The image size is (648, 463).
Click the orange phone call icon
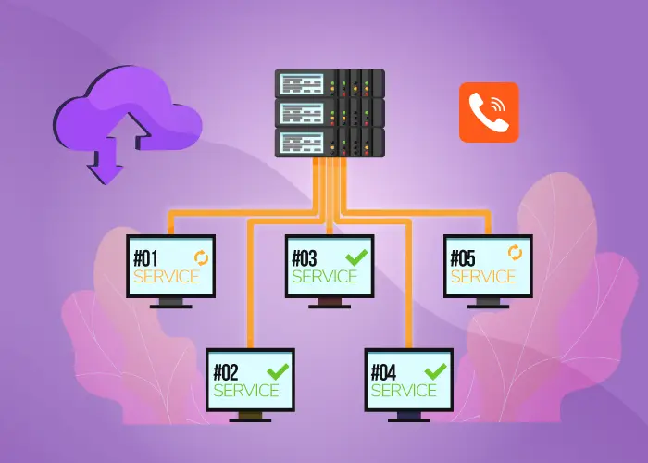click(x=489, y=112)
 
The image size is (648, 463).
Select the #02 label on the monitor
click(x=227, y=372)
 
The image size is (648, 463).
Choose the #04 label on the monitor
click(x=384, y=372)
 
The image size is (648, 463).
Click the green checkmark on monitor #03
click(x=355, y=255)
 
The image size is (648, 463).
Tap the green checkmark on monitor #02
click(x=278, y=369)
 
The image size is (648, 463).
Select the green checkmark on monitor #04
click(x=435, y=369)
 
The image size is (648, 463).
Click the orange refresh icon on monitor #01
click(x=199, y=255)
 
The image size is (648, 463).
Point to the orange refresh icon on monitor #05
click(x=514, y=252)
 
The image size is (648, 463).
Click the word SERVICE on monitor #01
click(x=167, y=276)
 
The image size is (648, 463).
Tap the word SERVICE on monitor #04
click(x=404, y=390)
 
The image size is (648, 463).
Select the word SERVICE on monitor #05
click(x=483, y=275)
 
